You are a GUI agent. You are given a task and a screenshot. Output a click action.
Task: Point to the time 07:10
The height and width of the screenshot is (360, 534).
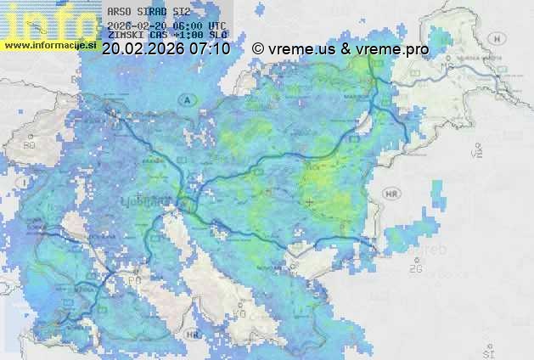click(x=210, y=49)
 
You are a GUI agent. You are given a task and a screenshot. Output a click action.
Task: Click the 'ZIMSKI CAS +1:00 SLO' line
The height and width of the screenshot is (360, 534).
click(x=167, y=37)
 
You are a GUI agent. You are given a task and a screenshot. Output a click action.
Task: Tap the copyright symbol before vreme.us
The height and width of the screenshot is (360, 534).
click(x=258, y=49)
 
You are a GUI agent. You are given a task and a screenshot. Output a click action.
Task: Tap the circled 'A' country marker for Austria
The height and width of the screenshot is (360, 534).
click(x=184, y=99)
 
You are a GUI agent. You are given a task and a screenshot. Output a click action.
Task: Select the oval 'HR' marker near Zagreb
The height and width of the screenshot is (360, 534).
click(x=391, y=193)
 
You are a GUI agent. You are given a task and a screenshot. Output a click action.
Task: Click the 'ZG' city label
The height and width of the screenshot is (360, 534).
click(x=415, y=269)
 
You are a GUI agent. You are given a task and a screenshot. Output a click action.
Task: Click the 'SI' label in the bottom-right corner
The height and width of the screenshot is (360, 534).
click(x=487, y=349)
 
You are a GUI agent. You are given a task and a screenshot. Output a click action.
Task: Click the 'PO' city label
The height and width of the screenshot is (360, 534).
click(x=134, y=279)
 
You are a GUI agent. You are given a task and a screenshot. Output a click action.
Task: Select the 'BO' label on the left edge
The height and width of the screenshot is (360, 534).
click(x=30, y=145)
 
